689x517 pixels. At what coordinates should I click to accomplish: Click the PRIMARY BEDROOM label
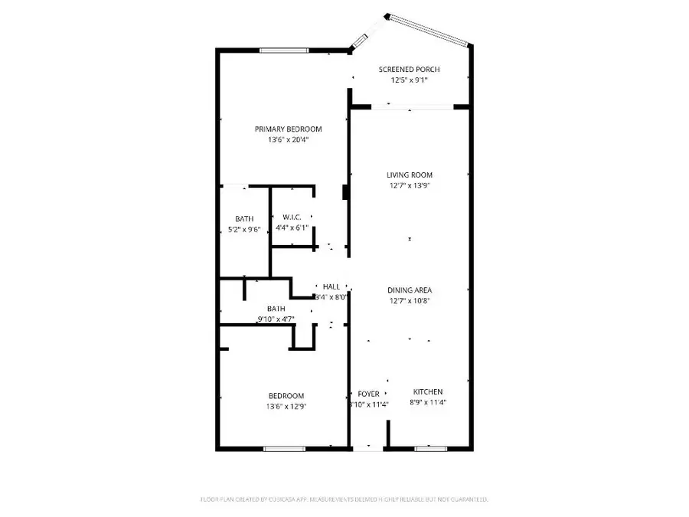click(288, 129)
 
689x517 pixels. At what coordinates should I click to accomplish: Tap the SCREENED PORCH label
click(409, 70)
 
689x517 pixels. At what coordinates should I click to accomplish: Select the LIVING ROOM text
click(410, 175)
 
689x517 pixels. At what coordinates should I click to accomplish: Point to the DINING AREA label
click(410, 290)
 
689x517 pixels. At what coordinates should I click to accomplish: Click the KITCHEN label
click(428, 392)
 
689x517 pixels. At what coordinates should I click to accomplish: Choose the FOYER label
click(368, 394)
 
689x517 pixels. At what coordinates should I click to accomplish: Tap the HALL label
click(331, 286)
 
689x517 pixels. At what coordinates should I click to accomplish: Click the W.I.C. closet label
click(292, 217)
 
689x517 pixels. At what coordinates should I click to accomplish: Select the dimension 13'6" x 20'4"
click(288, 140)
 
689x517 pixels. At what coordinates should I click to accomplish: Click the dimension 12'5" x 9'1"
click(409, 80)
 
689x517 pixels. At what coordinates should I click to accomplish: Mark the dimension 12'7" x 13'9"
click(410, 185)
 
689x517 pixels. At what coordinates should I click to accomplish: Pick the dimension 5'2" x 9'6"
click(244, 230)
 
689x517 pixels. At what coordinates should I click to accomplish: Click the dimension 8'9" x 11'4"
click(428, 403)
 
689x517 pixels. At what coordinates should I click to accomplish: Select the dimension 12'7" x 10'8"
click(410, 301)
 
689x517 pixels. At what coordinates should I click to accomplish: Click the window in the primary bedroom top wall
click(284, 51)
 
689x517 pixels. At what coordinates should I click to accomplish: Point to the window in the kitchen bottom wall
click(431, 448)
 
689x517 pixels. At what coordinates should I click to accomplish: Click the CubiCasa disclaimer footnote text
click(344, 499)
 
